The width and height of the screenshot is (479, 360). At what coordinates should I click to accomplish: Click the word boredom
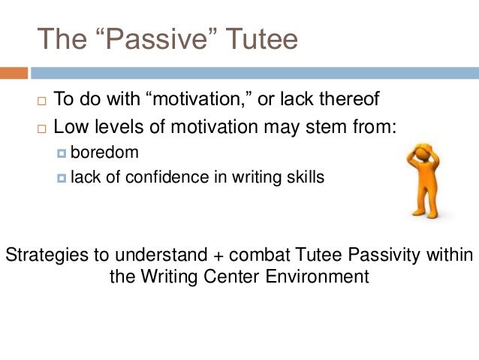click(x=104, y=153)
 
